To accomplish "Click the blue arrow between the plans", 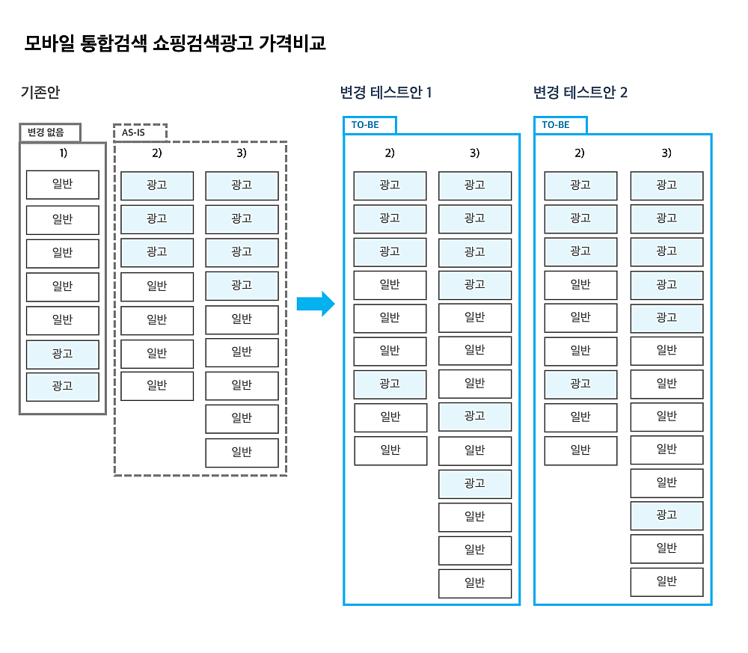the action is tap(316, 304).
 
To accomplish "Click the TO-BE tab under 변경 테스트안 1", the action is tap(370, 125).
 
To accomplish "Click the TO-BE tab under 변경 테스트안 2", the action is tap(560, 125).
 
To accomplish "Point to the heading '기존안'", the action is tap(40, 92).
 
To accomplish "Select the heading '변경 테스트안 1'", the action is tap(386, 92).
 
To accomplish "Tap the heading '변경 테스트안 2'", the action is tap(580, 92).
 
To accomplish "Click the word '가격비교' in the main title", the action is tap(292, 43).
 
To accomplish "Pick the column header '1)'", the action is tap(63, 153).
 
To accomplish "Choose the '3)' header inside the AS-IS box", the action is tap(242, 153).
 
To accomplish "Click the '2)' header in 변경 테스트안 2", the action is tap(580, 153).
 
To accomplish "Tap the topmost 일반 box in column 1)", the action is tap(63, 185).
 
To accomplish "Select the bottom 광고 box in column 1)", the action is tap(63, 387).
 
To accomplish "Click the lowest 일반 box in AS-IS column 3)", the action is tap(242, 453).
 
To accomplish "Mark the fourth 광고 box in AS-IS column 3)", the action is tap(242, 286).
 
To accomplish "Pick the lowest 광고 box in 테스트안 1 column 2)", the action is tap(390, 384).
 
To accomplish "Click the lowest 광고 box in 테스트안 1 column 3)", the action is tap(475, 484).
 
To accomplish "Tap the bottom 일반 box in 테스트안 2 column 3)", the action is tap(666, 582).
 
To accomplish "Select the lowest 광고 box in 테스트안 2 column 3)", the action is tap(666, 515).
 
